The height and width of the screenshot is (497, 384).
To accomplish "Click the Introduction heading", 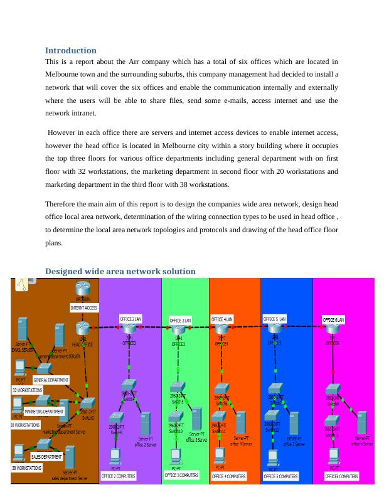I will [x=71, y=50].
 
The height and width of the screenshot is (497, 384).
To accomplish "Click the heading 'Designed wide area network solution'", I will [x=120, y=271].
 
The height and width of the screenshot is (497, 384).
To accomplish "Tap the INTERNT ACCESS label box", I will [x=83, y=308].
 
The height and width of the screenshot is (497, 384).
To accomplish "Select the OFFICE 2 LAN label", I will [x=131, y=319].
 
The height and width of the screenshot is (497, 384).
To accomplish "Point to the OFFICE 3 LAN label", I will [x=180, y=320].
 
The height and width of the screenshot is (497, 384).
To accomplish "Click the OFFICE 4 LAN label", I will [x=222, y=319].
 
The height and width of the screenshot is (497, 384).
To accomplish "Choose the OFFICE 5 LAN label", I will [x=274, y=319].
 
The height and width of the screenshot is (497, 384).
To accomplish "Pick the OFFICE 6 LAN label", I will [x=333, y=319].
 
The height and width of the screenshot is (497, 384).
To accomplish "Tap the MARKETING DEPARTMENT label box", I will [x=44, y=412].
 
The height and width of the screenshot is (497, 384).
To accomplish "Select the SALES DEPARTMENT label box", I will [x=46, y=457].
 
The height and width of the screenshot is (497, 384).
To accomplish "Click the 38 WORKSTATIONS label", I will [x=27, y=468].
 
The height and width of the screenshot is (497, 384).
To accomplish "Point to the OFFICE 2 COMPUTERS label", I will [x=119, y=476].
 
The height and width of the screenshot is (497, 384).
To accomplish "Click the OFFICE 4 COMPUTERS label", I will [x=229, y=477].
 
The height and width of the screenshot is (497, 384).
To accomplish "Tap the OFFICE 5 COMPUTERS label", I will [x=280, y=477].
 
